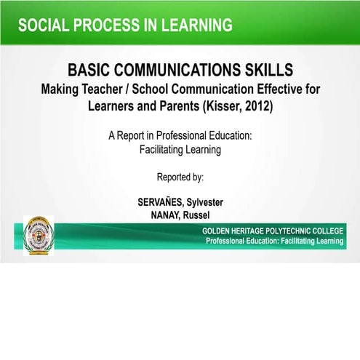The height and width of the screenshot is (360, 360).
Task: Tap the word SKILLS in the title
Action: tap(269, 71)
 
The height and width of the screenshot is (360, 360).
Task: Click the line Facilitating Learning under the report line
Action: tap(180, 149)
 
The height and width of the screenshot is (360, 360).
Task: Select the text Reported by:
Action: tap(180, 176)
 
